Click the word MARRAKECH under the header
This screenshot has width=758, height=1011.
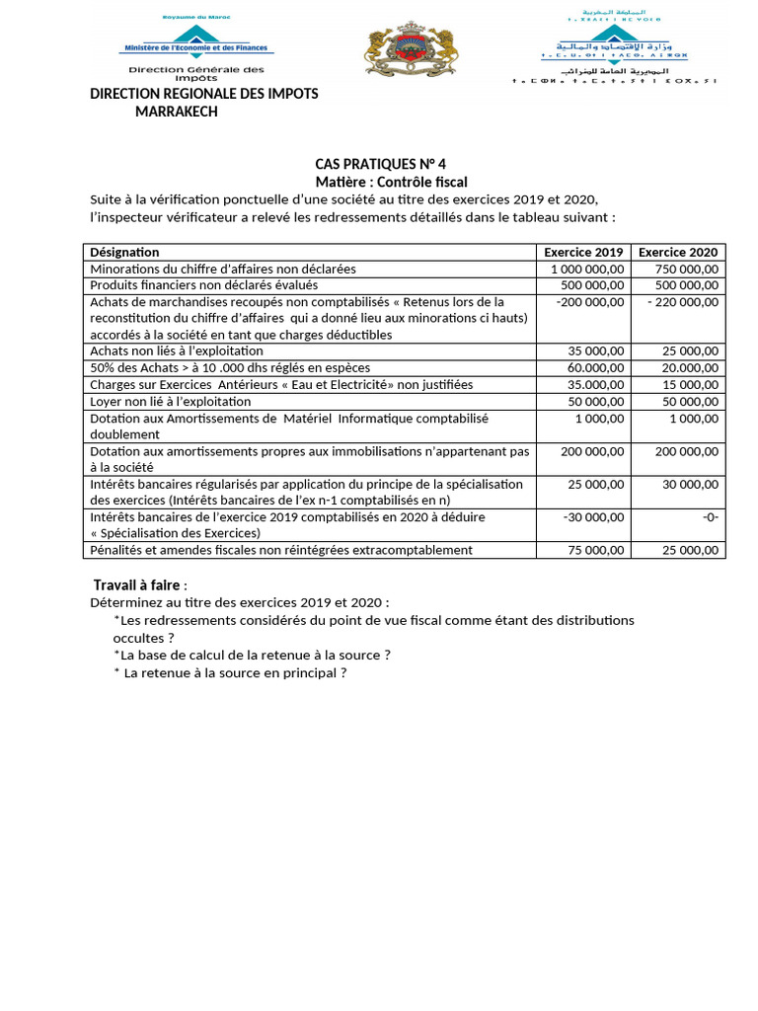coord(177,112)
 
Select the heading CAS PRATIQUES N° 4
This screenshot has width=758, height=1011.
coord(373,164)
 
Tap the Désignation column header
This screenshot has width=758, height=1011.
coord(124,252)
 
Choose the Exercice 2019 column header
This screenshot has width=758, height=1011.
coord(583,252)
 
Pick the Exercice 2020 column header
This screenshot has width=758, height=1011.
coord(678,252)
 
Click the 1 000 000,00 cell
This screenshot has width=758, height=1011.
coord(586,269)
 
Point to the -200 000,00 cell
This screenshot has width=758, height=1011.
coord(590,302)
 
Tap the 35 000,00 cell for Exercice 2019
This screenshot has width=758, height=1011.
coord(595,350)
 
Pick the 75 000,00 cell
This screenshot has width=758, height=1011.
coord(595,550)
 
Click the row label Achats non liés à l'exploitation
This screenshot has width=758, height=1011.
coord(177,350)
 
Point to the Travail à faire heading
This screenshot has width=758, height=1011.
coord(137,584)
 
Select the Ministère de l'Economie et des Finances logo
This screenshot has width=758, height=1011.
coord(197,49)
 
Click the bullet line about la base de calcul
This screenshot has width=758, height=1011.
coord(252,655)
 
